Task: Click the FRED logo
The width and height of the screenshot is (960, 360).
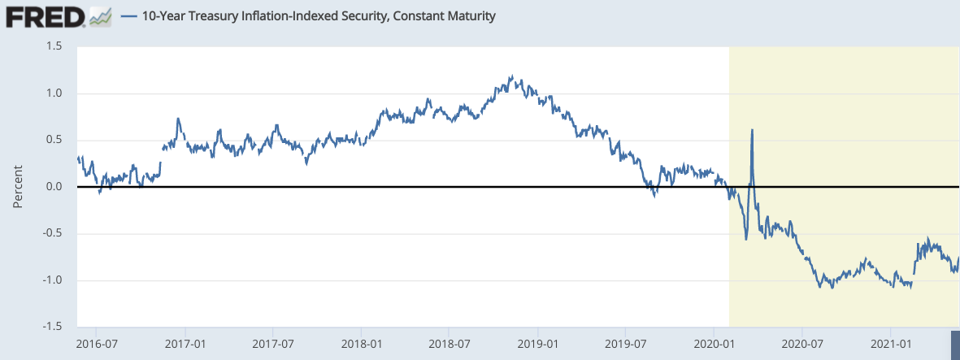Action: coord(46,15)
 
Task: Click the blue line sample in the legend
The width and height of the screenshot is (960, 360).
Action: coord(128,16)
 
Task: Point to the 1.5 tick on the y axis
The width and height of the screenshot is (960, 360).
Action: coord(54,46)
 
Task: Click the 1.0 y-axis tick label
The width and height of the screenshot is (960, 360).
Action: coord(54,93)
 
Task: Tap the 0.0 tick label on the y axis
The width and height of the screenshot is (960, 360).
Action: coord(54,187)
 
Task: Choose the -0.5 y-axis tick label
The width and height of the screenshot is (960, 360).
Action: coord(51,234)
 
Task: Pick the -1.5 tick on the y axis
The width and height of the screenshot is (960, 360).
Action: coord(51,327)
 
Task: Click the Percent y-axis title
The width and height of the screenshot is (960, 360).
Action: coord(18,187)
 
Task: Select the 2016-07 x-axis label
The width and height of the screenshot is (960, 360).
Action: coord(97,344)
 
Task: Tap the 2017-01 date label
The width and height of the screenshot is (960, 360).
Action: coord(185,344)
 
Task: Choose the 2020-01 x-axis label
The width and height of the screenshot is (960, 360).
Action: coord(714,344)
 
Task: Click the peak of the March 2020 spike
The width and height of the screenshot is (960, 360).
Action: coord(752,130)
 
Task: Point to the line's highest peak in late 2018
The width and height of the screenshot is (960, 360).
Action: coord(511,76)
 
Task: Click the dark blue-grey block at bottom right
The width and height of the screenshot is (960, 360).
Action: coord(955,340)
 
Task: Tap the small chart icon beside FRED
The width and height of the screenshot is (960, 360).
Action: coord(101,15)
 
